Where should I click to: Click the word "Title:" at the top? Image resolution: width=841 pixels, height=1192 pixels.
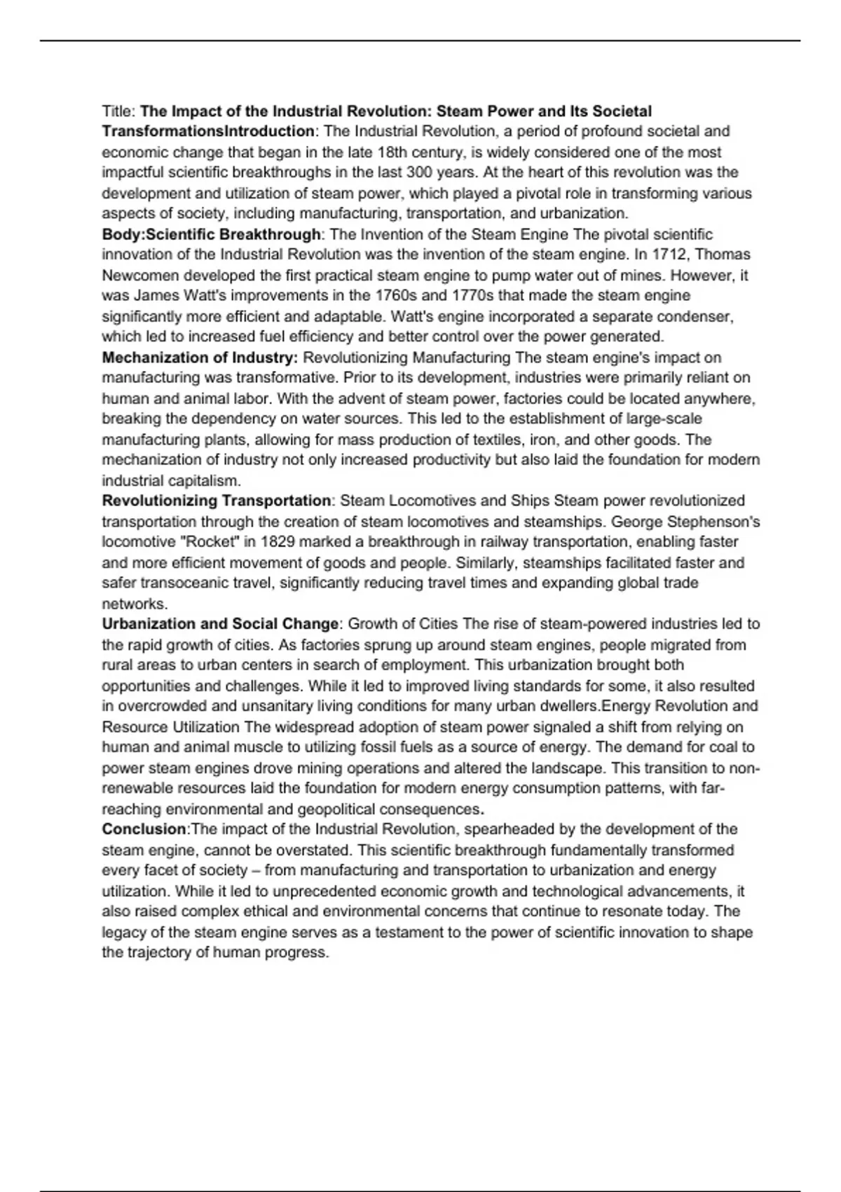point(119,111)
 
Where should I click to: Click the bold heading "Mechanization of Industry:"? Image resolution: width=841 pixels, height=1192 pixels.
point(200,358)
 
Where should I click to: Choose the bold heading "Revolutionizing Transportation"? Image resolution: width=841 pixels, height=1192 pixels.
point(217,501)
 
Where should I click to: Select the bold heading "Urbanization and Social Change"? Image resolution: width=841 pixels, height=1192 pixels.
point(221,624)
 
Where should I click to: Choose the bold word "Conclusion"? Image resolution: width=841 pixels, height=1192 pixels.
point(144,829)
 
